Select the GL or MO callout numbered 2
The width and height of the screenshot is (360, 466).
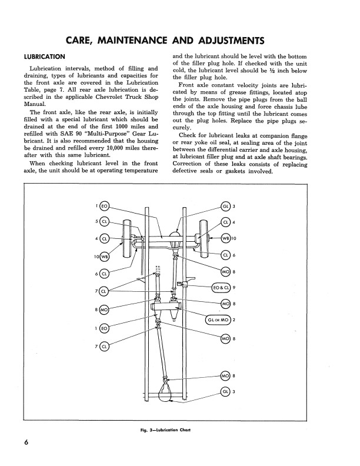[x=218, y=320]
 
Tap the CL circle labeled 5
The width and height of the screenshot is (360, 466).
[x=105, y=222]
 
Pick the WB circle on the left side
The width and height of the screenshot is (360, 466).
[x=105, y=257]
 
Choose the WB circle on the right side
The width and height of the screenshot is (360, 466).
[x=225, y=238]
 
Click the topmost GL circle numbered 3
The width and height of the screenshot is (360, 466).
[x=225, y=206]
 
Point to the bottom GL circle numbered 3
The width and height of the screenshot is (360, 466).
[x=225, y=392]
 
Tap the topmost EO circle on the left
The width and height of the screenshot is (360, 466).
[x=105, y=206]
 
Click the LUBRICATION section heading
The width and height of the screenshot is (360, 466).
[x=44, y=57]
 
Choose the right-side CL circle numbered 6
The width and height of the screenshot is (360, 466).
[x=225, y=255]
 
